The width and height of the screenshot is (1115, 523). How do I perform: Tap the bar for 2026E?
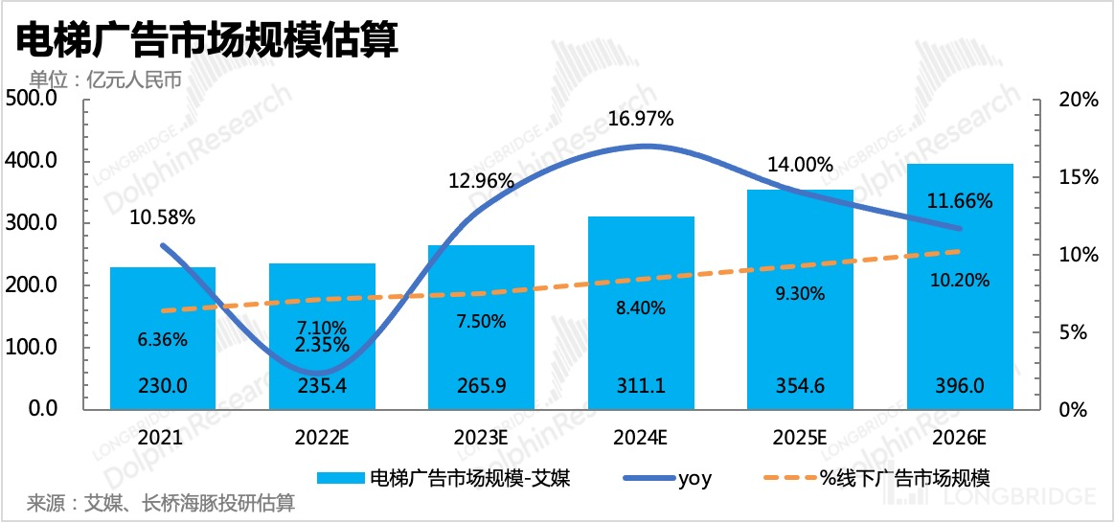[x=960, y=287]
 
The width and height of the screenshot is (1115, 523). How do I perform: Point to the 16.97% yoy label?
[x=642, y=120]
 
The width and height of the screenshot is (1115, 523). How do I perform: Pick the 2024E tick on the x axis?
[x=641, y=439]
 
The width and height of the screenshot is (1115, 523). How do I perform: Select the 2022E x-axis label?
[x=322, y=439]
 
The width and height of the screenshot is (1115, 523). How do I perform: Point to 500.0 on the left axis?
[x=34, y=100]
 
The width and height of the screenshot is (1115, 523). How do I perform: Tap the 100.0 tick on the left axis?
[x=34, y=347]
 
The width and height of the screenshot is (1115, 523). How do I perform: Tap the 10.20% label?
[x=960, y=280]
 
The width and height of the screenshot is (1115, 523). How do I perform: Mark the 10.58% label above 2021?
[x=163, y=217]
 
